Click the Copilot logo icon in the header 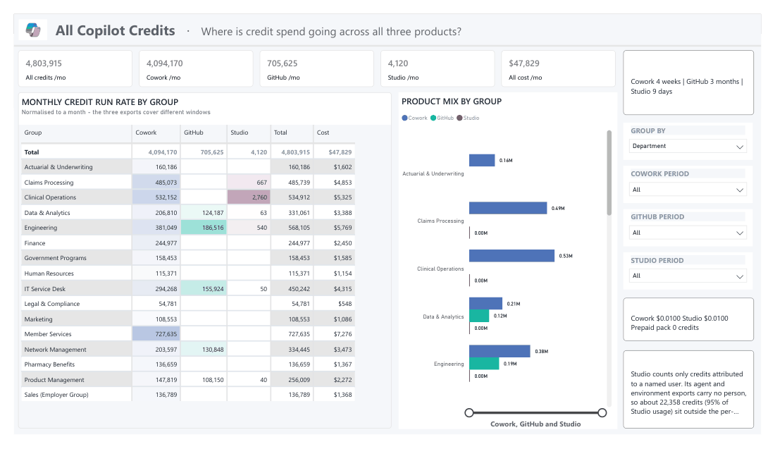[33, 30]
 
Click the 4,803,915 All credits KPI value [44, 63]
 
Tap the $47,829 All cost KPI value [524, 63]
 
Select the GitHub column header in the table [194, 133]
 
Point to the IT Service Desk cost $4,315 [342, 289]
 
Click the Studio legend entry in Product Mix [468, 118]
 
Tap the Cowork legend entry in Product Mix [415, 118]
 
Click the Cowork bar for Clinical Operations [512, 256]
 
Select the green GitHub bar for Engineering [484, 364]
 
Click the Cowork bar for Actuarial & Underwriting [482, 160]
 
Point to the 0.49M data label [558, 208]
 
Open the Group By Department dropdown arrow [739, 147]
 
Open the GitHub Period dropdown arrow [739, 233]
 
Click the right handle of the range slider [602, 412]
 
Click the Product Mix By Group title [451, 102]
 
